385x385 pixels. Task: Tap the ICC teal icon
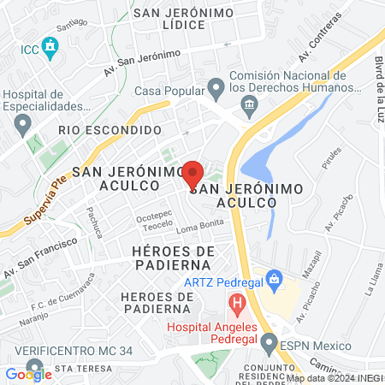tap(50, 44)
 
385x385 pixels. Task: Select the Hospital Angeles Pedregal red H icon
tap(236, 302)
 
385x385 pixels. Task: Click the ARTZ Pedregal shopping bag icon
tap(274, 278)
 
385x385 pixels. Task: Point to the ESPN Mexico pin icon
tap(267, 345)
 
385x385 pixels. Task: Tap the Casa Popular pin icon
tap(216, 86)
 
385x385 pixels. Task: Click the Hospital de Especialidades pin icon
tap(22, 125)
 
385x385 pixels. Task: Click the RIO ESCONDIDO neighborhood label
tap(110, 130)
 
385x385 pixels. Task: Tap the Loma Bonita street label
tap(198, 228)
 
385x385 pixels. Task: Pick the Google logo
tap(28, 373)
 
